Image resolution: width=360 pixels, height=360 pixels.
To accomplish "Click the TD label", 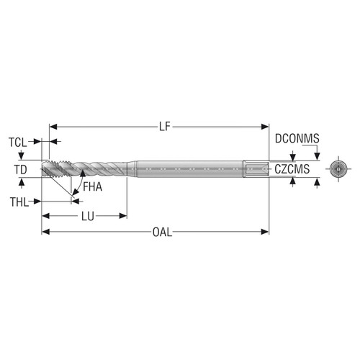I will (21, 170).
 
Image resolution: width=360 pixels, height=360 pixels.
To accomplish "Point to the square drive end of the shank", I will (256, 170).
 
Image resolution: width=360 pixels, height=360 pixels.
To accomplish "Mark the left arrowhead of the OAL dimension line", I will (45, 232).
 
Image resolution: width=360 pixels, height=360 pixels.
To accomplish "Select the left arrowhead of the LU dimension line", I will (45, 215).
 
